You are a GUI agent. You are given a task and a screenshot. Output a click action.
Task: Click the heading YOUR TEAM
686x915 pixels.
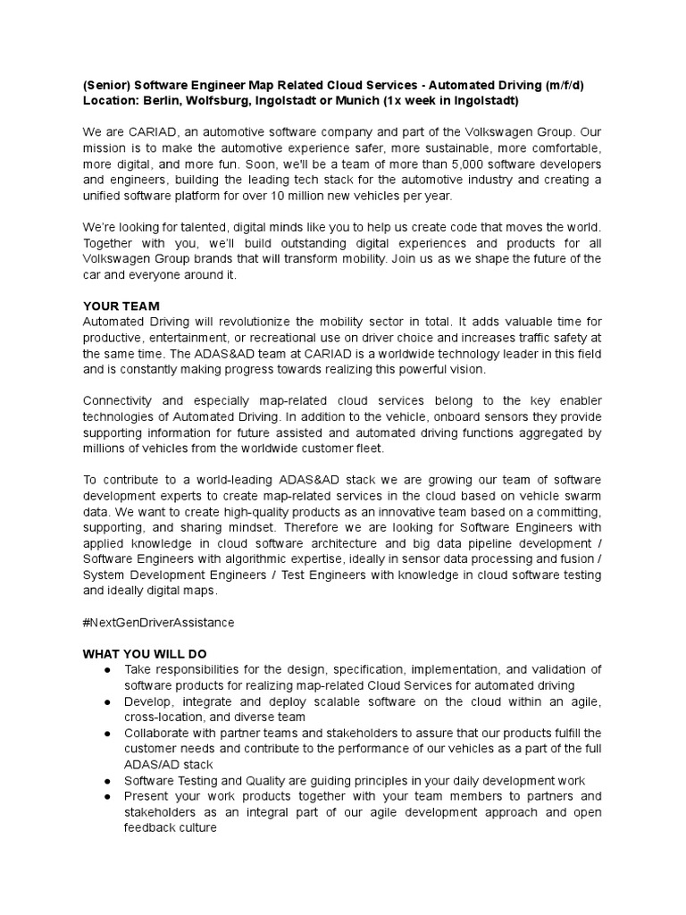click(x=121, y=306)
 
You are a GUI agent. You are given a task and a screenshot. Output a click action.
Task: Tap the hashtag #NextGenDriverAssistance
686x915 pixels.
click(x=158, y=621)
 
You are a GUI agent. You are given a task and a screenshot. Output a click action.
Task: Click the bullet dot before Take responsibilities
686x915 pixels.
click(x=107, y=670)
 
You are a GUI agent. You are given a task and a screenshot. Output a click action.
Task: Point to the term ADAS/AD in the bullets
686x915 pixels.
click(x=149, y=766)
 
